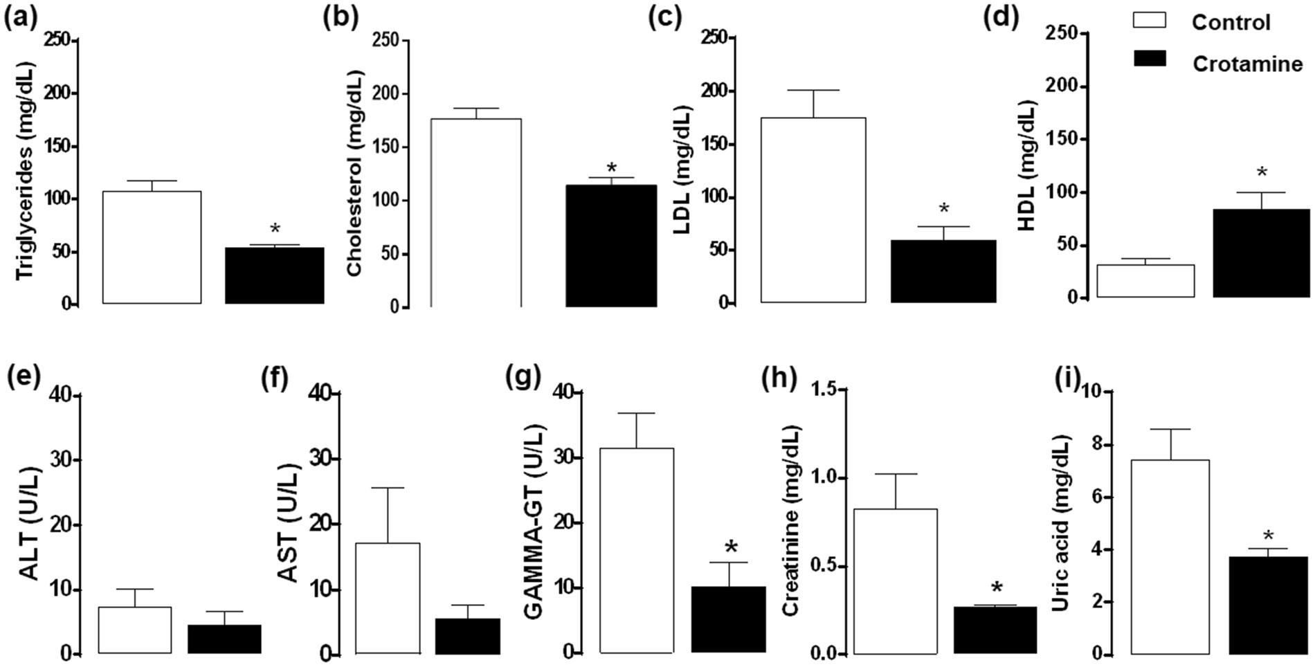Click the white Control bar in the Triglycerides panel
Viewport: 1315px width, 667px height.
click(x=152, y=248)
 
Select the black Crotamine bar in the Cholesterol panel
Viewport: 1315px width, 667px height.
click(x=611, y=246)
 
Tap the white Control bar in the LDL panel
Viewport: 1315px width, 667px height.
click(x=813, y=210)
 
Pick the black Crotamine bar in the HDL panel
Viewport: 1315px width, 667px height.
click(x=1261, y=253)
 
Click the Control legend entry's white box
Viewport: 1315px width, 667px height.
click(x=1149, y=21)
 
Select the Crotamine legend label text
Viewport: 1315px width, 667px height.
click(x=1247, y=64)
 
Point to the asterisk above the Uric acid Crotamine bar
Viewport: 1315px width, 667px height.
click(x=1269, y=536)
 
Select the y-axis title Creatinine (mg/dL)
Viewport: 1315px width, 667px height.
click(x=791, y=520)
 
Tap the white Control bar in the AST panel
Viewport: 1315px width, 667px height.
click(x=388, y=599)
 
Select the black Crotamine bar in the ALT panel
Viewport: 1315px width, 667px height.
click(x=224, y=639)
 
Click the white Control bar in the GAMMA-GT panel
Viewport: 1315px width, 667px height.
click(x=636, y=551)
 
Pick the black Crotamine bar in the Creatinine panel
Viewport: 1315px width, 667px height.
click(x=995, y=630)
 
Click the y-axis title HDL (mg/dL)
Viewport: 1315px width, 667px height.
click(x=1028, y=165)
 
